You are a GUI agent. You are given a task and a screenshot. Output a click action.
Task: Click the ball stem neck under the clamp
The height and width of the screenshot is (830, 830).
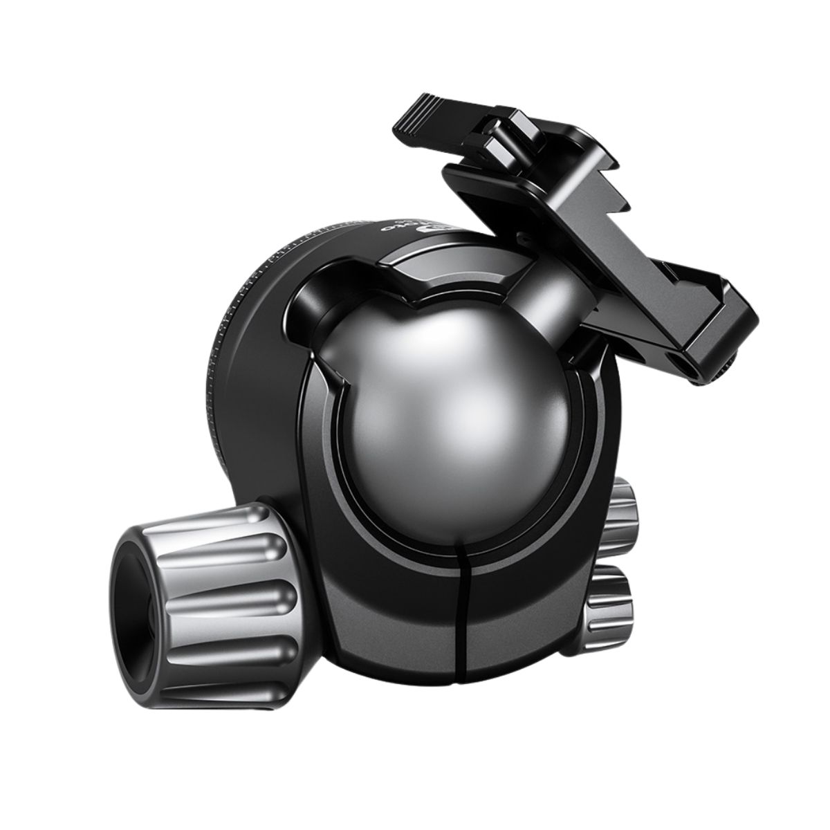click(546, 277)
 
